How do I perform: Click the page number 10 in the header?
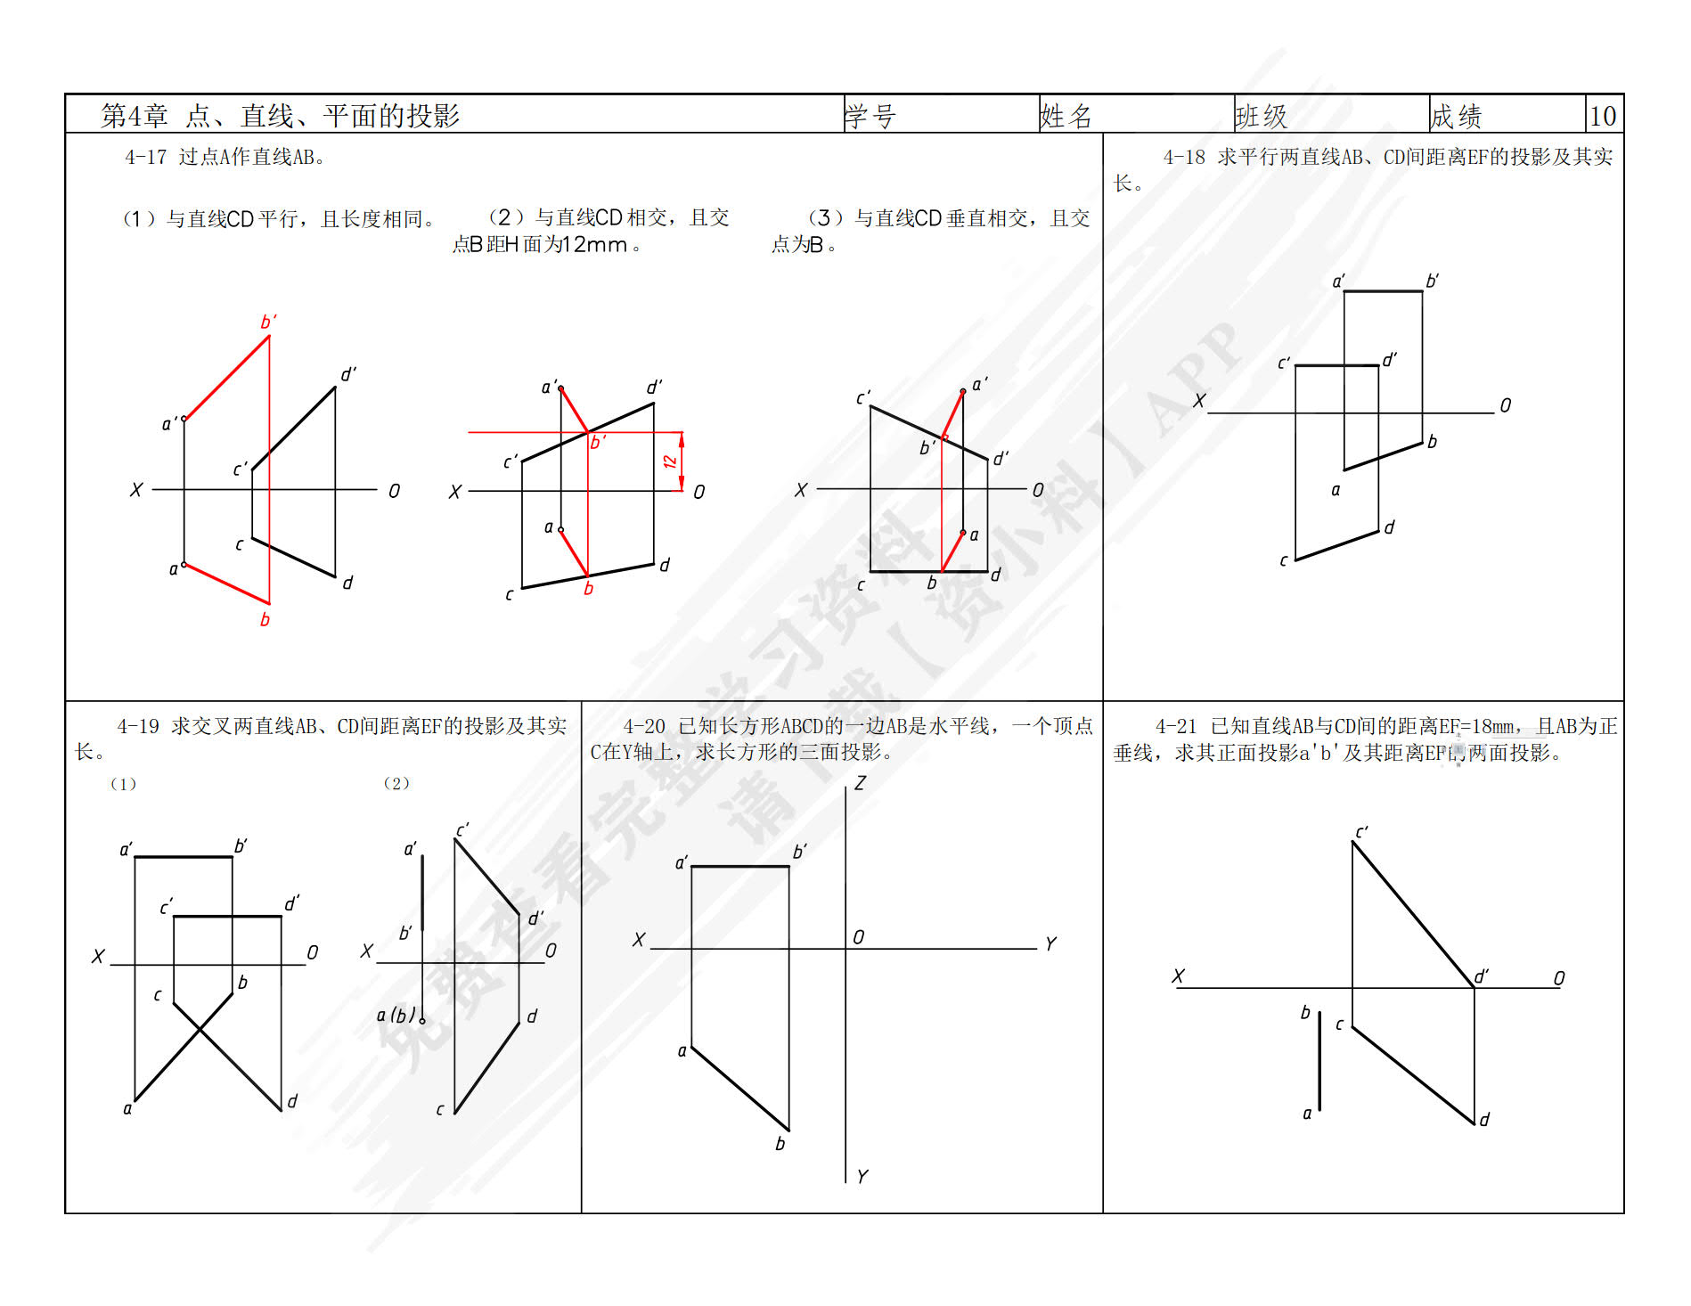tap(1603, 116)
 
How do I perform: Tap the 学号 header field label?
tap(870, 116)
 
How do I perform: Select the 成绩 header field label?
tap(1456, 116)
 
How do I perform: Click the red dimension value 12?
tap(670, 461)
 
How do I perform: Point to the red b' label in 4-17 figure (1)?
tap(268, 322)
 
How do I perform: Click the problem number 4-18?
tap(1183, 158)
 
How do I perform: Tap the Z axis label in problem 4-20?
tap(860, 784)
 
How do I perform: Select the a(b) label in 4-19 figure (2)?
tap(396, 1015)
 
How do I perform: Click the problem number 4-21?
tap(1175, 727)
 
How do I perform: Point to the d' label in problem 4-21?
tap(1482, 976)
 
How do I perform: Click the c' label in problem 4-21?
tap(1361, 833)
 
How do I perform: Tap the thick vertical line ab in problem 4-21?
tap(1319, 1060)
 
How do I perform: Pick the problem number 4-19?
tap(137, 727)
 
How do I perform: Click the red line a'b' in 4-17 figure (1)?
tap(226, 378)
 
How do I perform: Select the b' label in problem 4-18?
tap(1432, 282)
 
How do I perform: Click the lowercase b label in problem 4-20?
tap(780, 1144)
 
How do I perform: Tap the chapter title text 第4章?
tap(135, 116)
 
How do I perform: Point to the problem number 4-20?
tap(643, 727)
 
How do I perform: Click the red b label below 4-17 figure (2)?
tap(588, 589)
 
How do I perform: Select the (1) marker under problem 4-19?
tap(123, 784)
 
